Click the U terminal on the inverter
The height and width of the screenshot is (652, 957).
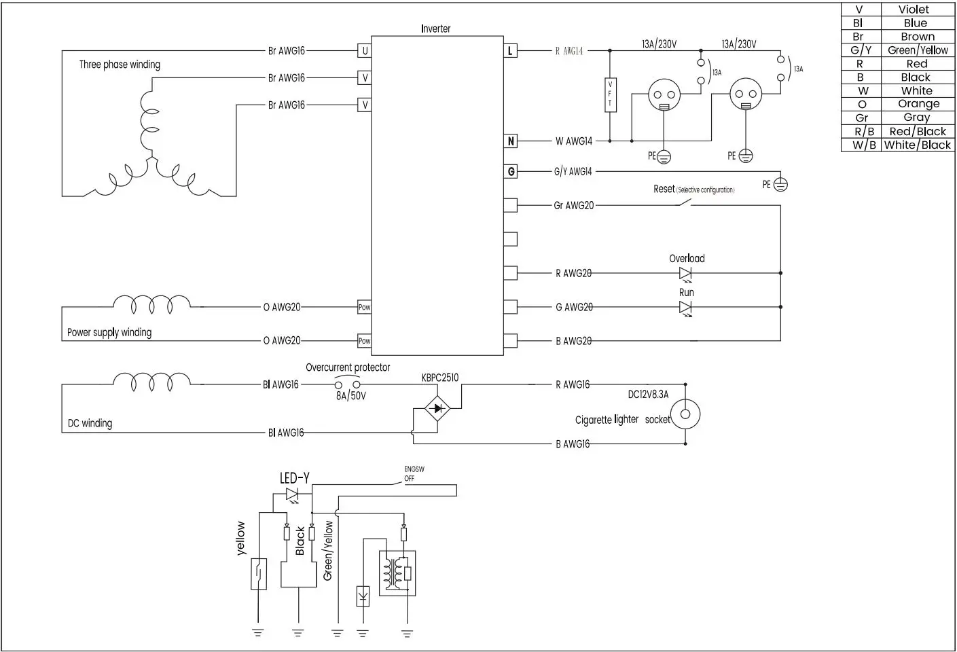point(365,51)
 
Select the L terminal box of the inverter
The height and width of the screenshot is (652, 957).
point(510,51)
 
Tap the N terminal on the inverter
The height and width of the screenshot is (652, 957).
point(511,141)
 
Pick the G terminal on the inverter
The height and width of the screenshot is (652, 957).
point(511,172)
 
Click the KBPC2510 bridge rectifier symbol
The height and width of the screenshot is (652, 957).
point(437,409)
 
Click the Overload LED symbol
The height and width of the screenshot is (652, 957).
point(685,273)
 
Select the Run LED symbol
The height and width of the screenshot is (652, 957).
point(685,307)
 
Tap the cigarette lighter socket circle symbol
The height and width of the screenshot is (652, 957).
point(685,414)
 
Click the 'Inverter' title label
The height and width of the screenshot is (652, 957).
point(435,29)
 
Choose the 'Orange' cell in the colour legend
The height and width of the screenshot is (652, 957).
point(918,104)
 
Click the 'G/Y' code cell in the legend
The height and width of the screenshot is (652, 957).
point(861,50)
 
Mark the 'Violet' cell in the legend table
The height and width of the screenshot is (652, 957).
point(914,10)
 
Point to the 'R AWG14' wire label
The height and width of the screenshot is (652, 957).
point(569,51)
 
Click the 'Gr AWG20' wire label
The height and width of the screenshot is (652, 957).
point(574,205)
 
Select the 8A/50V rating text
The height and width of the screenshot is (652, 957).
point(351,396)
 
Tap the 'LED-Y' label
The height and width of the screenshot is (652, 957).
point(295,479)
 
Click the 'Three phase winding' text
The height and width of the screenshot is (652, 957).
point(120,65)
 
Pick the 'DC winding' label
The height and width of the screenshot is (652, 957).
point(90,423)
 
